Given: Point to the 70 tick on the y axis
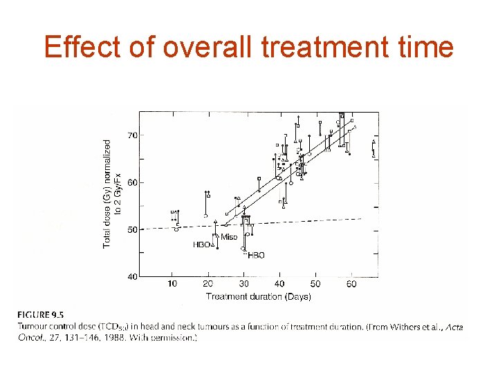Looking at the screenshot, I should point(132,135).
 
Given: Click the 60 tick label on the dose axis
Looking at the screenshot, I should point(132,182).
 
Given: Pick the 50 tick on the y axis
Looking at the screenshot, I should point(132,229).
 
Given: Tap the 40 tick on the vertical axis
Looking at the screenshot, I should point(132,276).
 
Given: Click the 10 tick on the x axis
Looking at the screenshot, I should point(172,285).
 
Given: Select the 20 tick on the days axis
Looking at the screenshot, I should point(207,285).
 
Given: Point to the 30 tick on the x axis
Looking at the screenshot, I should point(243,285).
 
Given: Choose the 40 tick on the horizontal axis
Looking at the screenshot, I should point(279,285).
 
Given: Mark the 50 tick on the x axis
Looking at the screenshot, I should point(315,285).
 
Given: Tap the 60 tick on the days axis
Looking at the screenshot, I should point(351,285).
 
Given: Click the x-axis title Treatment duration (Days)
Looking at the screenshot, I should point(258,296).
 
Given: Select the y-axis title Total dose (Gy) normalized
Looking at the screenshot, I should point(107,193).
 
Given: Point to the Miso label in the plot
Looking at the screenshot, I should point(229,238).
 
